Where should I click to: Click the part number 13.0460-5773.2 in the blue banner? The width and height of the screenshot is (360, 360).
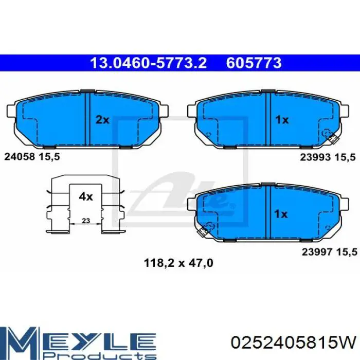tap(148, 63)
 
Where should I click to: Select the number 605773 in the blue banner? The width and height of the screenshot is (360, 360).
tap(254, 63)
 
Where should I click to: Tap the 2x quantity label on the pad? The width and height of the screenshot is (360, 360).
tap(102, 120)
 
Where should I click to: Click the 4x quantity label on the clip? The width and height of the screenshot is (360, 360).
tap(86, 196)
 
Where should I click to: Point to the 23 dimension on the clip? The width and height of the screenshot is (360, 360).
tap(86, 221)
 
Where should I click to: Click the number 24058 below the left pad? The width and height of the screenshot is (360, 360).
tap(20, 157)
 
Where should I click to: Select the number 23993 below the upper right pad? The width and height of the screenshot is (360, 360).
tap(315, 157)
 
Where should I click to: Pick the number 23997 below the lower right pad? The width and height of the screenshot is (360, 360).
tap(317, 252)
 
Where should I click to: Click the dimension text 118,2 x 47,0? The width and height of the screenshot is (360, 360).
tap(178, 263)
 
